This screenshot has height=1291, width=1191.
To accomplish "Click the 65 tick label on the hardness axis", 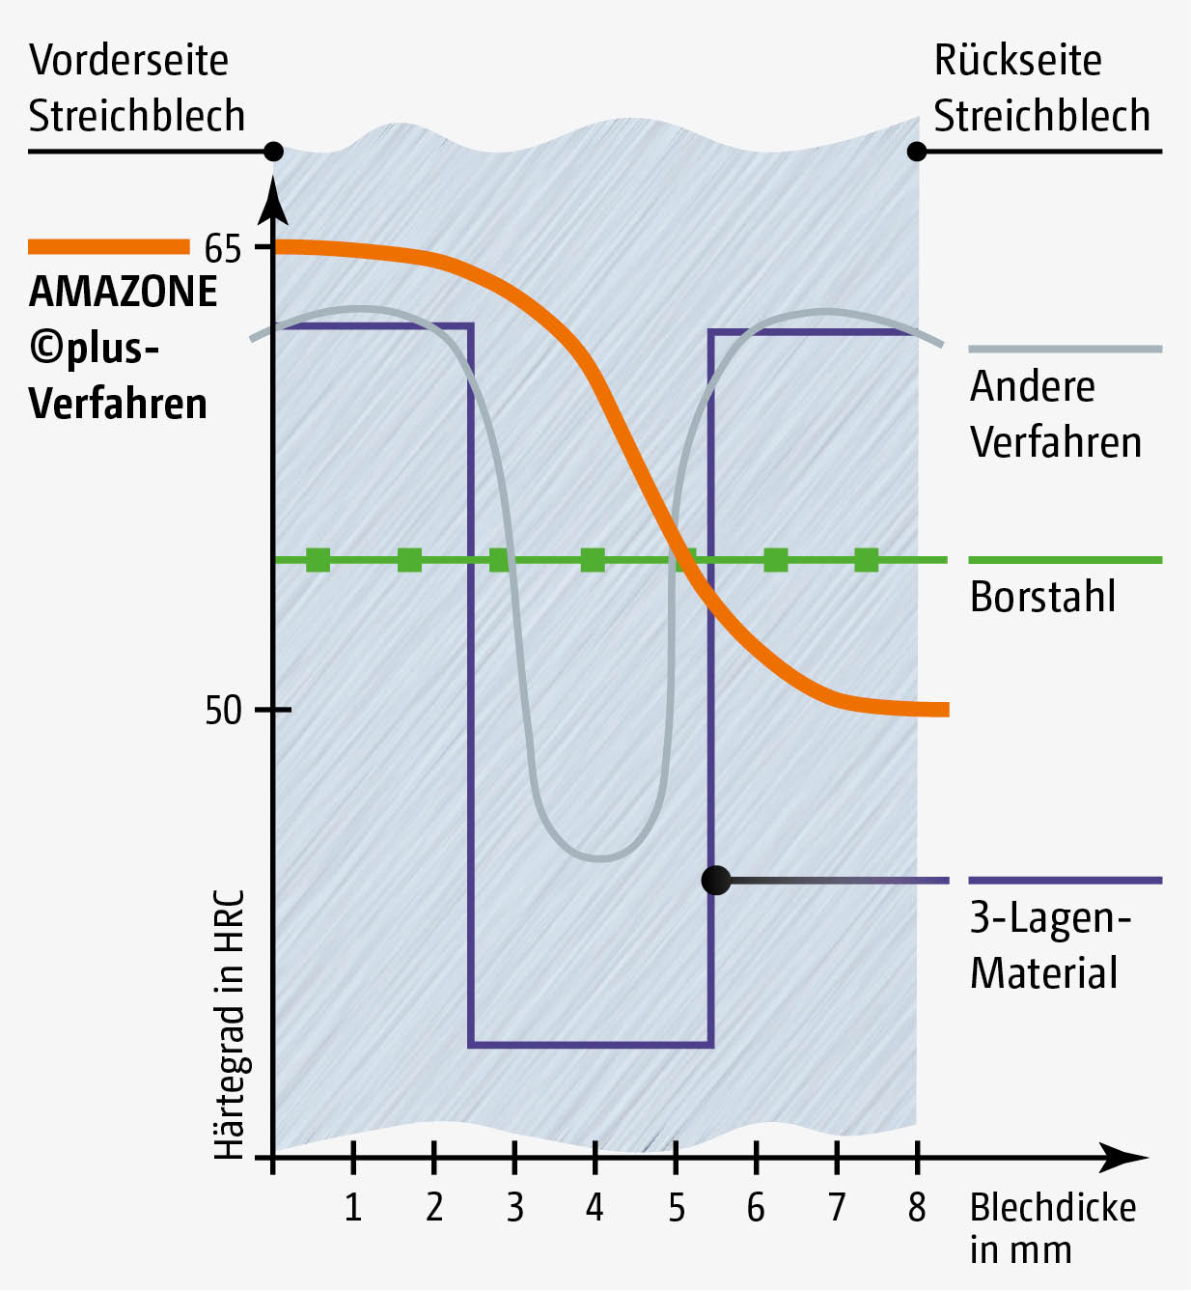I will point(222,249).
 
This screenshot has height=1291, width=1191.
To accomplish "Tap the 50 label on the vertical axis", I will point(222,711).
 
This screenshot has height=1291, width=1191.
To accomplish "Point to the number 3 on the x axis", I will point(514,1207).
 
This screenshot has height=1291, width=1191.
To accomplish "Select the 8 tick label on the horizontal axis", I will point(917,1207).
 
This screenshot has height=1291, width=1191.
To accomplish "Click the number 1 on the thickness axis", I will point(353,1207).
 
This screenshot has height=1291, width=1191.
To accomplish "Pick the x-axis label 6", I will point(756,1207).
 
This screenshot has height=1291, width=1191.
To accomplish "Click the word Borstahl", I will point(1042,597).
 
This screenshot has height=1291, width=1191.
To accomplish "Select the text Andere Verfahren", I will point(1055,414).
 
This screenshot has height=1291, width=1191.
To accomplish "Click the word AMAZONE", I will point(124,292).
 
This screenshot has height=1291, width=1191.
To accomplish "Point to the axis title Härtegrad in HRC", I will point(230,1024).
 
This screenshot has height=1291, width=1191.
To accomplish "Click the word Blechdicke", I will point(1053,1208).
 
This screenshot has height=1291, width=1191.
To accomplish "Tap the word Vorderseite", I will point(128,60).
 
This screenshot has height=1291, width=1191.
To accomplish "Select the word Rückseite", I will point(1017,60).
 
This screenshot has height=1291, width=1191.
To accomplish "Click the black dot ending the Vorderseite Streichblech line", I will point(273,152).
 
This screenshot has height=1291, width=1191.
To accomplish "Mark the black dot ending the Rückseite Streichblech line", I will point(917,152).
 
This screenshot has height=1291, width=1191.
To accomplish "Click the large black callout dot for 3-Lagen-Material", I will point(716,881).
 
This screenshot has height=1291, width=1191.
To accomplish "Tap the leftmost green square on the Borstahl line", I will point(318,560).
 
